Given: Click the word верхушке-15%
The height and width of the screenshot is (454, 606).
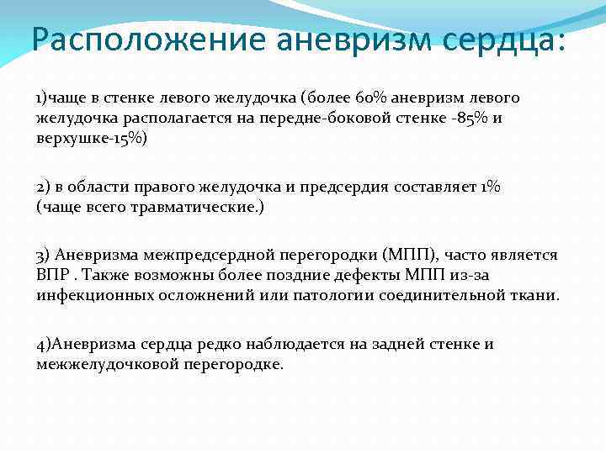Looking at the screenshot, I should [91, 137].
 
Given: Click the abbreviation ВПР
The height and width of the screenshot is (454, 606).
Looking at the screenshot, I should [52, 275].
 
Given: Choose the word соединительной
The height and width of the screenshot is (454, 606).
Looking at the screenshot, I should [455, 294].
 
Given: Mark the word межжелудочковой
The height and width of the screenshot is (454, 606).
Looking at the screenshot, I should [104, 364].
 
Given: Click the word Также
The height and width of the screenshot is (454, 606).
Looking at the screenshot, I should [105, 275].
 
